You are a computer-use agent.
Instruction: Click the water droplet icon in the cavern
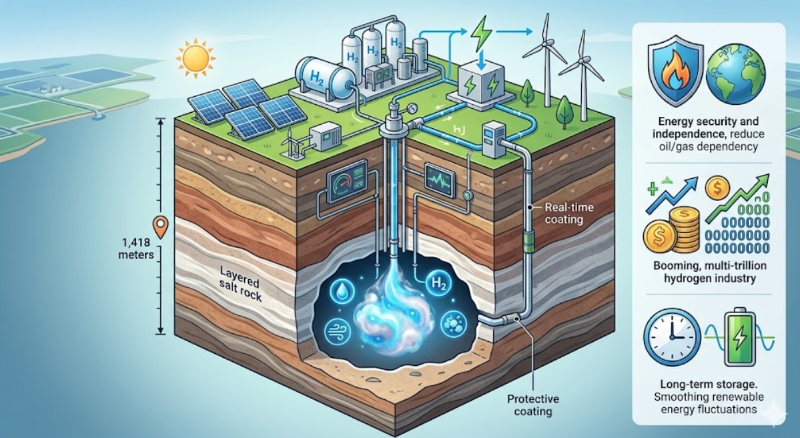click(340, 292)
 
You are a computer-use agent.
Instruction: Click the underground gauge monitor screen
click(345, 178)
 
